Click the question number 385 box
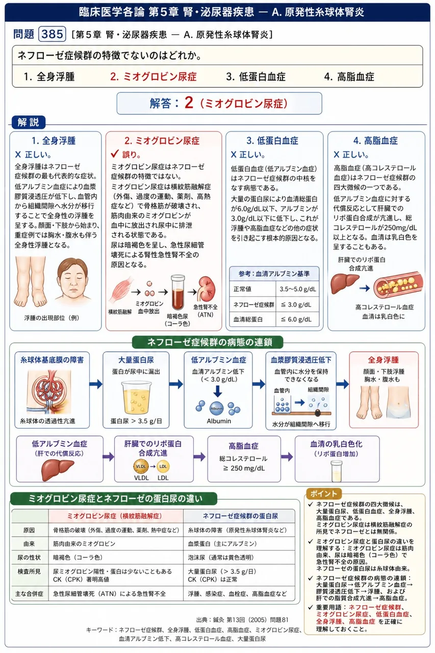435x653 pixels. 52,34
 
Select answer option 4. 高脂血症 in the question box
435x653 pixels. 349,77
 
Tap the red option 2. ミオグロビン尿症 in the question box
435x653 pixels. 153,77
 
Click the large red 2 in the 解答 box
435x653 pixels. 189,103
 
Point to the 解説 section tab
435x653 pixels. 28,122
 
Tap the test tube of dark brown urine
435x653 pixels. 178,292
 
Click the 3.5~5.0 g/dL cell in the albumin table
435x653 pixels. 297,289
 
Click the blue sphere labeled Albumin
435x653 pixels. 217,409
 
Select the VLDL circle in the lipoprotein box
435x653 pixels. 141,466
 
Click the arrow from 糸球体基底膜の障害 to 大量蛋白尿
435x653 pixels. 96,384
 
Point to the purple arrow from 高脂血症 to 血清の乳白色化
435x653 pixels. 287,457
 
